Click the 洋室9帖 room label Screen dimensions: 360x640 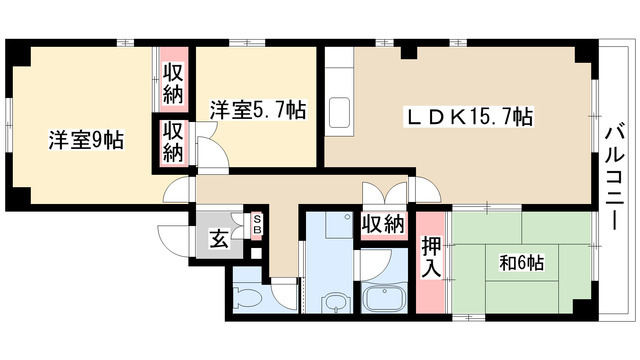pyautogui.click(x=85, y=141)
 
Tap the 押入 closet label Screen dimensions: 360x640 pyautogui.click(x=429, y=258)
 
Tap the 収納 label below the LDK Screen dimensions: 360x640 pyautogui.click(x=383, y=225)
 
